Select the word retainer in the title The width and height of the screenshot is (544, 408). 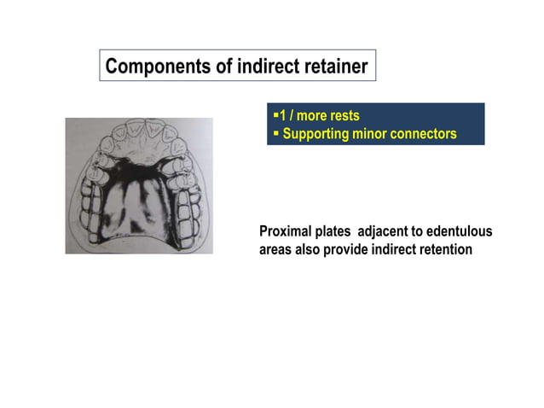tap(335, 67)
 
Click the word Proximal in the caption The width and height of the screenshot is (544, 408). tap(286, 232)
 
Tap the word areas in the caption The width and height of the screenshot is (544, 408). tap(276, 250)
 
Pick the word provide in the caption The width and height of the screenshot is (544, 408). tap(347, 250)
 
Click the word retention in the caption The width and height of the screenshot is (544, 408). tap(443, 250)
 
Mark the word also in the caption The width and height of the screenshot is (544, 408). tap(309, 250)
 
